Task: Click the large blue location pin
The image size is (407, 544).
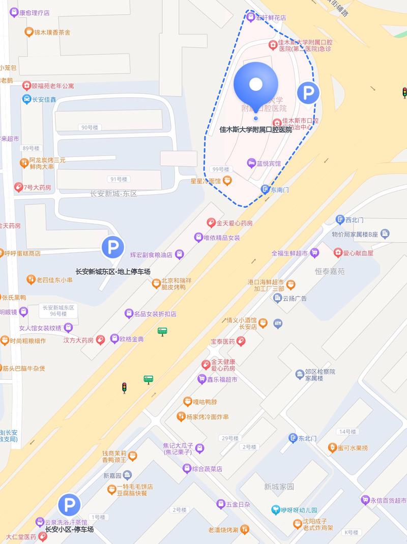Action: (x=256, y=85)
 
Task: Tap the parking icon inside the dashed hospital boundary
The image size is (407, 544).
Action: (x=308, y=93)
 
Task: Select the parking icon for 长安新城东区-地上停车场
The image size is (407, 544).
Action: (x=112, y=248)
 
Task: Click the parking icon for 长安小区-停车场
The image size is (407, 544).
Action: (x=69, y=505)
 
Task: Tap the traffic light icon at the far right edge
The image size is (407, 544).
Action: (x=404, y=93)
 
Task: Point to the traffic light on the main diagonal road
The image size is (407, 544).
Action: (x=124, y=387)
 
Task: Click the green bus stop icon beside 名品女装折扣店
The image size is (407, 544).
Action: (x=162, y=331)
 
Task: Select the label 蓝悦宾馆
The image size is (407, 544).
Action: (x=268, y=163)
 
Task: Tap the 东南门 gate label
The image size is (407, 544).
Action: (x=279, y=189)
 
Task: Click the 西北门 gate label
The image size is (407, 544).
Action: (x=354, y=220)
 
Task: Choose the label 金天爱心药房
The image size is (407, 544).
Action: (x=234, y=223)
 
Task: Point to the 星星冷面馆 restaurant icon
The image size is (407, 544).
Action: (x=227, y=180)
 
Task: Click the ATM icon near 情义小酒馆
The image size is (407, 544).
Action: (x=278, y=323)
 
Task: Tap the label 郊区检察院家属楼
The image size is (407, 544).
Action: (x=319, y=375)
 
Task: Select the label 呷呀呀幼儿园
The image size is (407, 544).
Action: (x=299, y=510)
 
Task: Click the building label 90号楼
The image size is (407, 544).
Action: (x=89, y=127)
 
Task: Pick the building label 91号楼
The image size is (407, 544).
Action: (x=119, y=179)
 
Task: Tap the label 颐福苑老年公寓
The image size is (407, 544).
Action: (x=52, y=86)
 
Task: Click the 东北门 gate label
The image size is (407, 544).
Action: (x=307, y=438)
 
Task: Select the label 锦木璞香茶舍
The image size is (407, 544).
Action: (x=52, y=32)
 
